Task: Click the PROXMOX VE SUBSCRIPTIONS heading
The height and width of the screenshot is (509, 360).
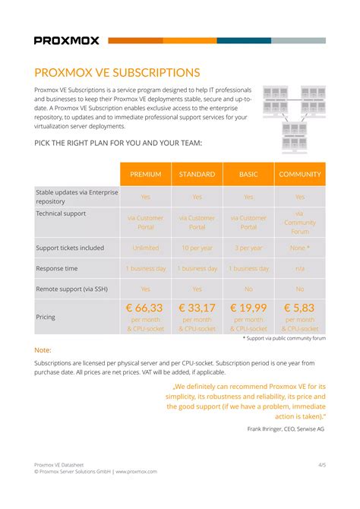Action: point(117,73)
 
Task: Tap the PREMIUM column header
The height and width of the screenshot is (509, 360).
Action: point(146,175)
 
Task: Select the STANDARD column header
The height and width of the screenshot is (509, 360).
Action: point(197,175)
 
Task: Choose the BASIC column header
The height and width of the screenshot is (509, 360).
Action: point(248,175)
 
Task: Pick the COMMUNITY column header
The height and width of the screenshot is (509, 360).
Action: point(300,175)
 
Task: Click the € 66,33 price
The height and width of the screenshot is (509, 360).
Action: point(145,308)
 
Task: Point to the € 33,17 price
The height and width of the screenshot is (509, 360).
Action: point(197,308)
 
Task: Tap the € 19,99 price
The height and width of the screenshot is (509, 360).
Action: point(248,308)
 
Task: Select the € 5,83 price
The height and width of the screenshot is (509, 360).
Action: point(300,308)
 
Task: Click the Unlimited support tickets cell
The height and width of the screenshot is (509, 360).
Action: point(146,248)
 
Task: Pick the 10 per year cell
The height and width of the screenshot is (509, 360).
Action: point(197,248)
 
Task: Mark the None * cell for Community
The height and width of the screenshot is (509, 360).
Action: point(300,248)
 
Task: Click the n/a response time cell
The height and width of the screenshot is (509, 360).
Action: point(300,268)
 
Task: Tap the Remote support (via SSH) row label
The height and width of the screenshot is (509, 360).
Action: point(74,289)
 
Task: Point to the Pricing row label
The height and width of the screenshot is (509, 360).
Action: point(46,317)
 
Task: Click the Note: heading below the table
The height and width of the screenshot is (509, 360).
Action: point(43,350)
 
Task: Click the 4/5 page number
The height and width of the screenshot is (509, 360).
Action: point(321,463)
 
